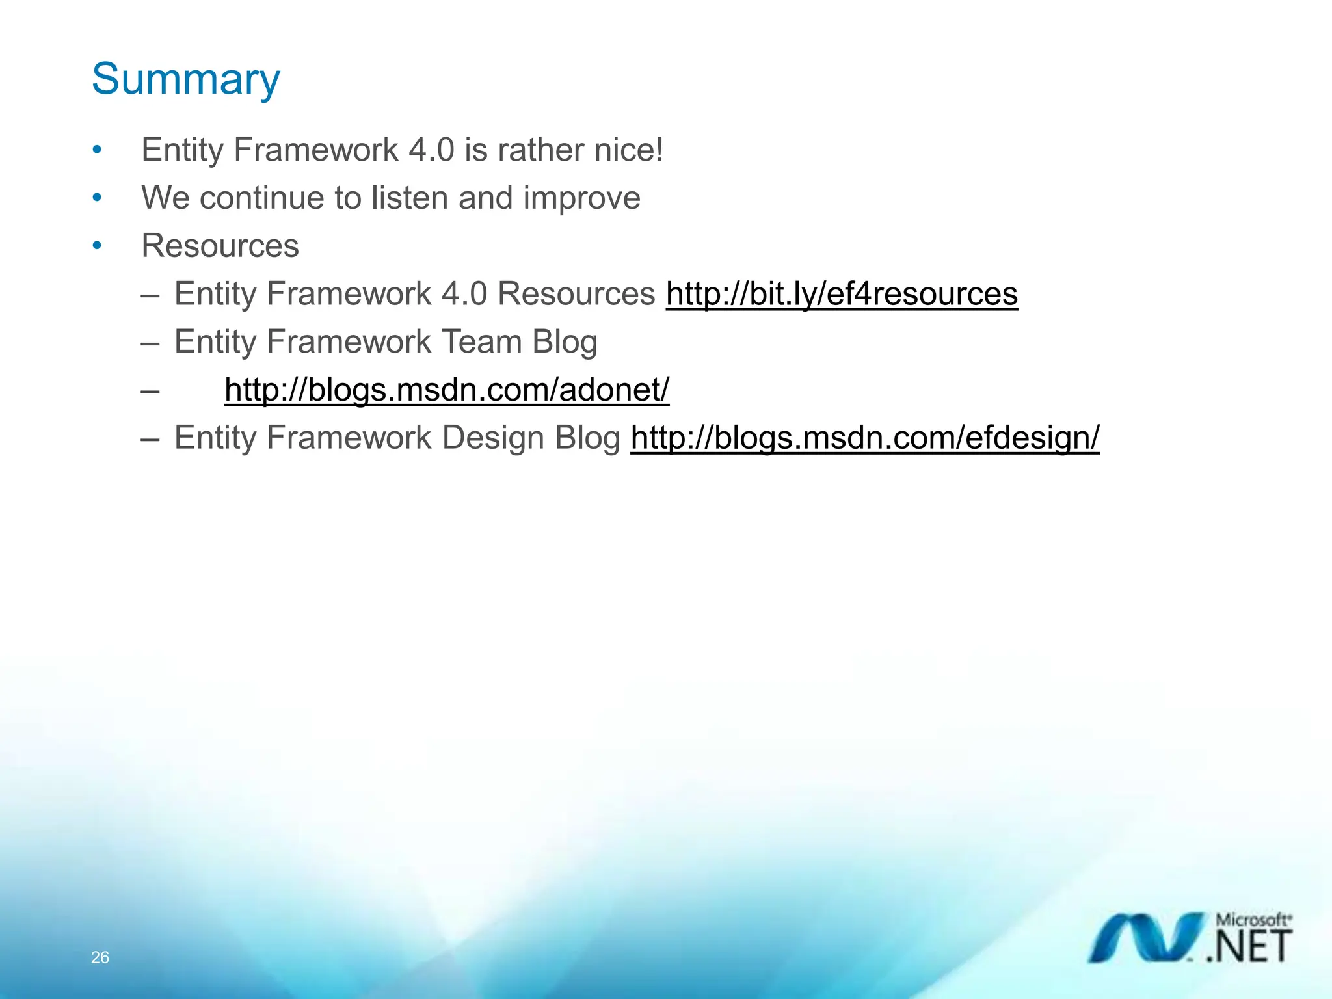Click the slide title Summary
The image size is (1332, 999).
186,79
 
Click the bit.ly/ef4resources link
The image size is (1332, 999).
842,293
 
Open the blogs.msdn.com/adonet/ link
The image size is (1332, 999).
447,390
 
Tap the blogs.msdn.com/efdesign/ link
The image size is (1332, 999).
865,437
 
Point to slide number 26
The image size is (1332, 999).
100,957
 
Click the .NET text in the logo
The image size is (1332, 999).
1249,947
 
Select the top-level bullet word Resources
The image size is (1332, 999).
220,246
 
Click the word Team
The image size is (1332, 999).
481,341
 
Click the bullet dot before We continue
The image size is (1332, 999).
97,197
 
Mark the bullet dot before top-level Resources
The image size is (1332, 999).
97,245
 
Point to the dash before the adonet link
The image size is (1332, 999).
150,390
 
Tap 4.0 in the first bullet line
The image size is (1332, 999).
431,150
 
